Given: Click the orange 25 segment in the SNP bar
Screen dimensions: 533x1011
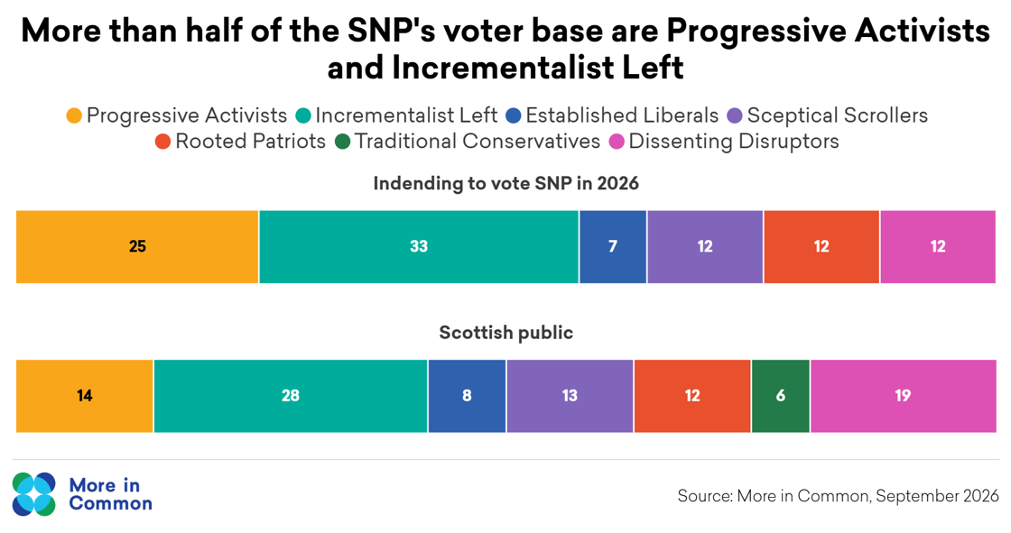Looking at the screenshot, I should (x=137, y=247).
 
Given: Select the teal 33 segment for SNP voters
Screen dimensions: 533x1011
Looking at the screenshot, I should (x=419, y=247).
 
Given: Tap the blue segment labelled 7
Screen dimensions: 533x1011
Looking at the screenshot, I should (x=613, y=247).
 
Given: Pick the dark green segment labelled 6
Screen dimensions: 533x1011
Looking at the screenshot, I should (x=781, y=396).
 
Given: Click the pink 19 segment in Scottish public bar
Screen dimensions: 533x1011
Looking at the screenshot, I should (x=903, y=396).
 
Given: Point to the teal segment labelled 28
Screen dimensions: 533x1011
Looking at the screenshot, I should (x=291, y=396).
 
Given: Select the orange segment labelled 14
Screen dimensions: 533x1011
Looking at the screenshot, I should (x=85, y=396).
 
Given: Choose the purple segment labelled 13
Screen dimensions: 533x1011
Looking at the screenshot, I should (x=570, y=396).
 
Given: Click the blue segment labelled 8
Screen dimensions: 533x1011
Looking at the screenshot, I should (x=467, y=396).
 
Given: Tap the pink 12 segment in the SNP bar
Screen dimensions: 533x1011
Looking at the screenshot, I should (x=938, y=247).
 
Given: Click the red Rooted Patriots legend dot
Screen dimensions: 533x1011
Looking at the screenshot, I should (x=162, y=142).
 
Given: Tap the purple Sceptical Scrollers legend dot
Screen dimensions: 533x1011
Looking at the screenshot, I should (x=735, y=115).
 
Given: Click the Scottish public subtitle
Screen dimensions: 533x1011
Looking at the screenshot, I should (x=505, y=333).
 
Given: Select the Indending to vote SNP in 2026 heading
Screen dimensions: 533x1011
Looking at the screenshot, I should (x=505, y=184).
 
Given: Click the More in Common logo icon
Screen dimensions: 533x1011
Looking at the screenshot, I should (x=34, y=494).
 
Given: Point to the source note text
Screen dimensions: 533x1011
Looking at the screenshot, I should (x=838, y=496).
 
